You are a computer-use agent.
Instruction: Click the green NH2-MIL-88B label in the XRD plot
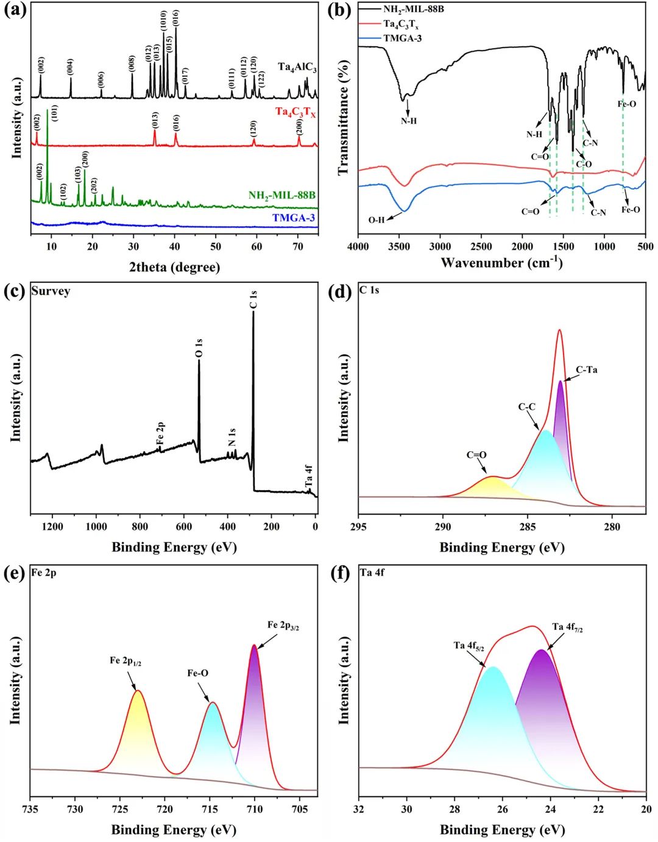click(x=281, y=196)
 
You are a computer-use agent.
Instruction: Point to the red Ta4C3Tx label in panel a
click(x=295, y=112)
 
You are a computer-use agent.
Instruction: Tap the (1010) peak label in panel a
click(x=163, y=22)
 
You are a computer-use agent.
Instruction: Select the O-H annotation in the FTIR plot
click(x=376, y=220)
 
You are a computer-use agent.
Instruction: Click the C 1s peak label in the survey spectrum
click(x=253, y=300)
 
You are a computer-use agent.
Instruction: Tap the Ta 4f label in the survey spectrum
click(x=308, y=477)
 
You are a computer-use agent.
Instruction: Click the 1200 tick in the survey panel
click(x=52, y=527)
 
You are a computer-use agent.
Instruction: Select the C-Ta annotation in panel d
click(x=586, y=370)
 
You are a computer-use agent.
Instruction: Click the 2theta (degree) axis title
click(x=174, y=267)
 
